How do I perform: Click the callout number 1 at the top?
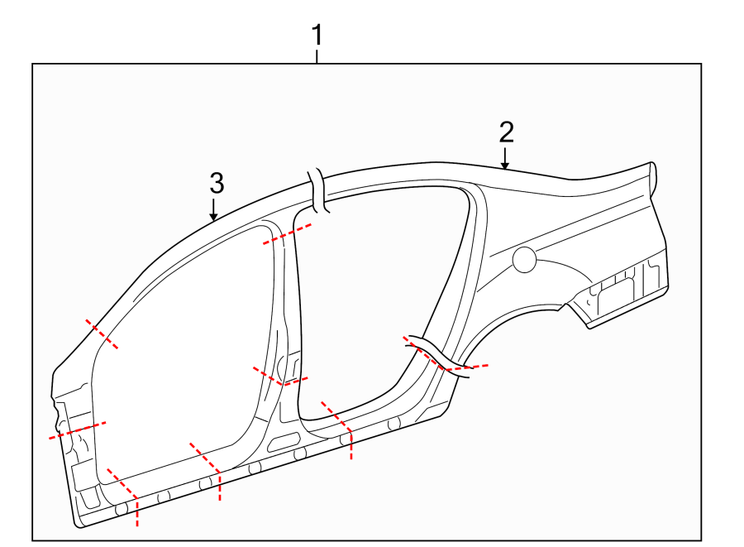317,36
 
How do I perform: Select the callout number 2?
506,132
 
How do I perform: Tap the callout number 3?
216,183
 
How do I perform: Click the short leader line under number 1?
317,57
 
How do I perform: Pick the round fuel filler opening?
524,260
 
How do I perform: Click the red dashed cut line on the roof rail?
288,233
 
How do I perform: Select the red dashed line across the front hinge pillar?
77,429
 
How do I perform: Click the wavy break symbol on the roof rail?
319,192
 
